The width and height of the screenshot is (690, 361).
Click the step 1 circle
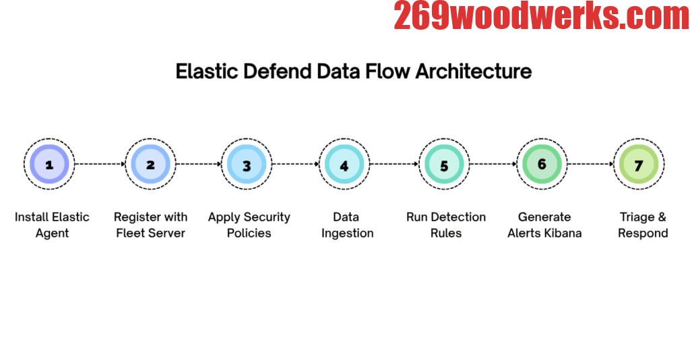pos(49,164)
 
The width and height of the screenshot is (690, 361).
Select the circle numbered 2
pos(150,164)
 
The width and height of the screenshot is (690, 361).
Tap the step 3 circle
pos(247,165)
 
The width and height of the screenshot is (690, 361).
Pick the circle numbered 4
pos(344,165)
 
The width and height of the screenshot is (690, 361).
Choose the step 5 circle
pos(443,165)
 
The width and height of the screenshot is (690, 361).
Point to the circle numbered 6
pos(542,164)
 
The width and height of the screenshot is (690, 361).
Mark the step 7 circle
pos(639,165)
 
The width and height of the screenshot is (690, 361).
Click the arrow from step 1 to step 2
pos(100,164)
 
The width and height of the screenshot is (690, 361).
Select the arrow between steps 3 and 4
pos(295,164)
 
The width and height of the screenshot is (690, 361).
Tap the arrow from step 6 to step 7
pos(590,164)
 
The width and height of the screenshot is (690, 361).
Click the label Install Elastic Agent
pos(52,225)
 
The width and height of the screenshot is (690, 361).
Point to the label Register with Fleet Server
pos(150,225)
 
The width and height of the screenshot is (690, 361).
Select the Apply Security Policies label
pos(249,225)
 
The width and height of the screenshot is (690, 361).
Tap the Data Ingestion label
pos(346,225)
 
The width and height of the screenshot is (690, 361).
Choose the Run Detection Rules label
pos(445,225)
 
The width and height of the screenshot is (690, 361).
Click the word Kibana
pos(563,233)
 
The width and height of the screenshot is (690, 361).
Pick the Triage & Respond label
pos(643,225)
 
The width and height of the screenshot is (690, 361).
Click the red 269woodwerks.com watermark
pos(541,16)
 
